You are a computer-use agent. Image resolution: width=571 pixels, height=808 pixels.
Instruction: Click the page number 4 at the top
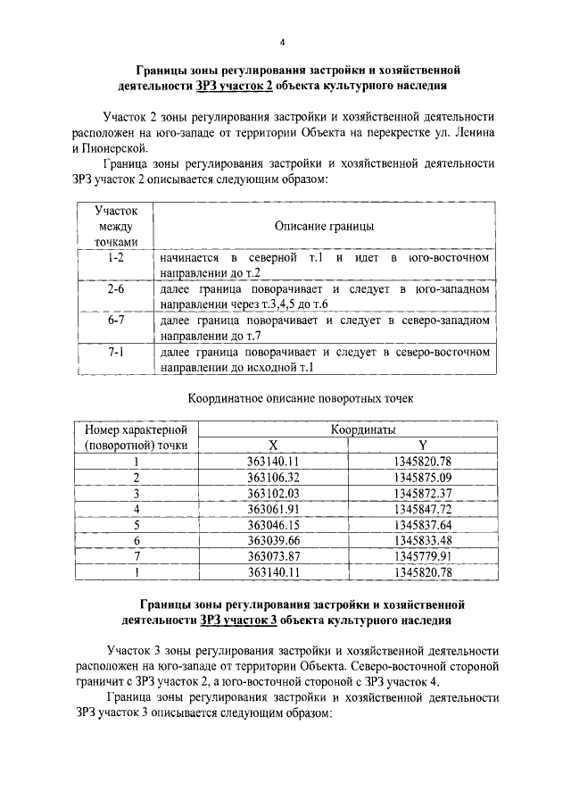click(x=284, y=42)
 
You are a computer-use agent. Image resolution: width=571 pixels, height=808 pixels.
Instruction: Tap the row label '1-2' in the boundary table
click(x=115, y=258)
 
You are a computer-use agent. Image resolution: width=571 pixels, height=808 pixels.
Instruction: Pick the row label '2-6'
click(x=115, y=290)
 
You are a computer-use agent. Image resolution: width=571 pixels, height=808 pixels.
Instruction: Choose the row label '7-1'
click(x=115, y=354)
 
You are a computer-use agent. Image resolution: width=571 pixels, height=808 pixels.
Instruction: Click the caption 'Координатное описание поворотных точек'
click(x=302, y=397)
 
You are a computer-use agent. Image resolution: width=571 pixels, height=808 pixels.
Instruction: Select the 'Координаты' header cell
click(x=364, y=429)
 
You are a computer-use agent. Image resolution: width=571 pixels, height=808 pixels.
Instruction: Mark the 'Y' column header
click(x=423, y=445)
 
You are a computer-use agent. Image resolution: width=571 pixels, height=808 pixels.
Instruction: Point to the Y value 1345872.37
click(x=423, y=493)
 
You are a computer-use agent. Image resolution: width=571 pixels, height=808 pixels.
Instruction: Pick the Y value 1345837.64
click(x=423, y=524)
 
